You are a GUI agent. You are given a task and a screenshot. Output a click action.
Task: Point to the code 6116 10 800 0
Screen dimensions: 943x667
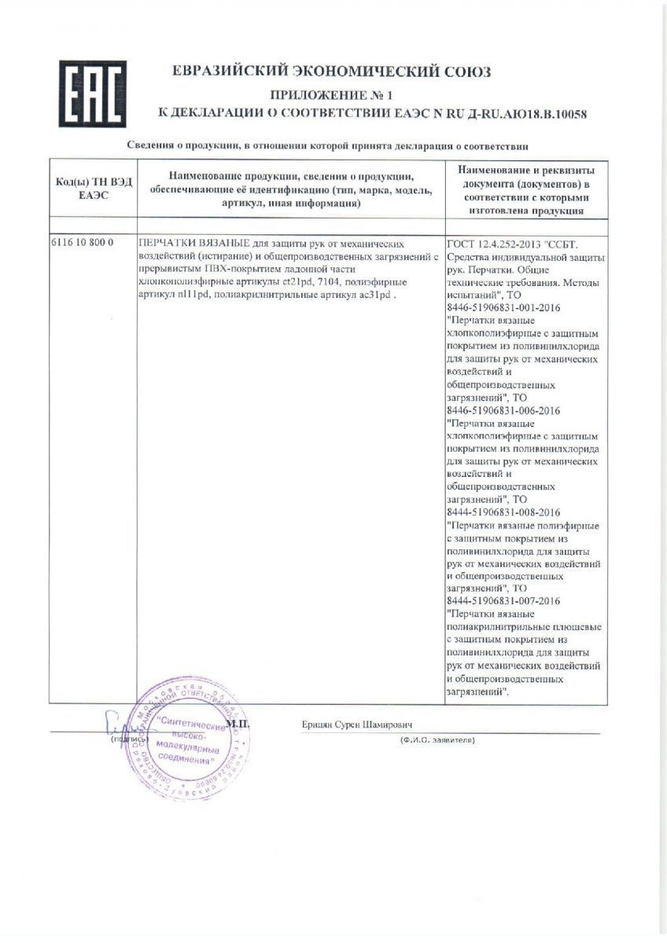pos(83,243)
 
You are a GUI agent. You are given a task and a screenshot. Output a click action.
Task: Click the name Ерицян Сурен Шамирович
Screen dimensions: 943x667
pos(357,724)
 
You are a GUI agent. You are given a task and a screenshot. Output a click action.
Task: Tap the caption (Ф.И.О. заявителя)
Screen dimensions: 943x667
pos(437,740)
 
